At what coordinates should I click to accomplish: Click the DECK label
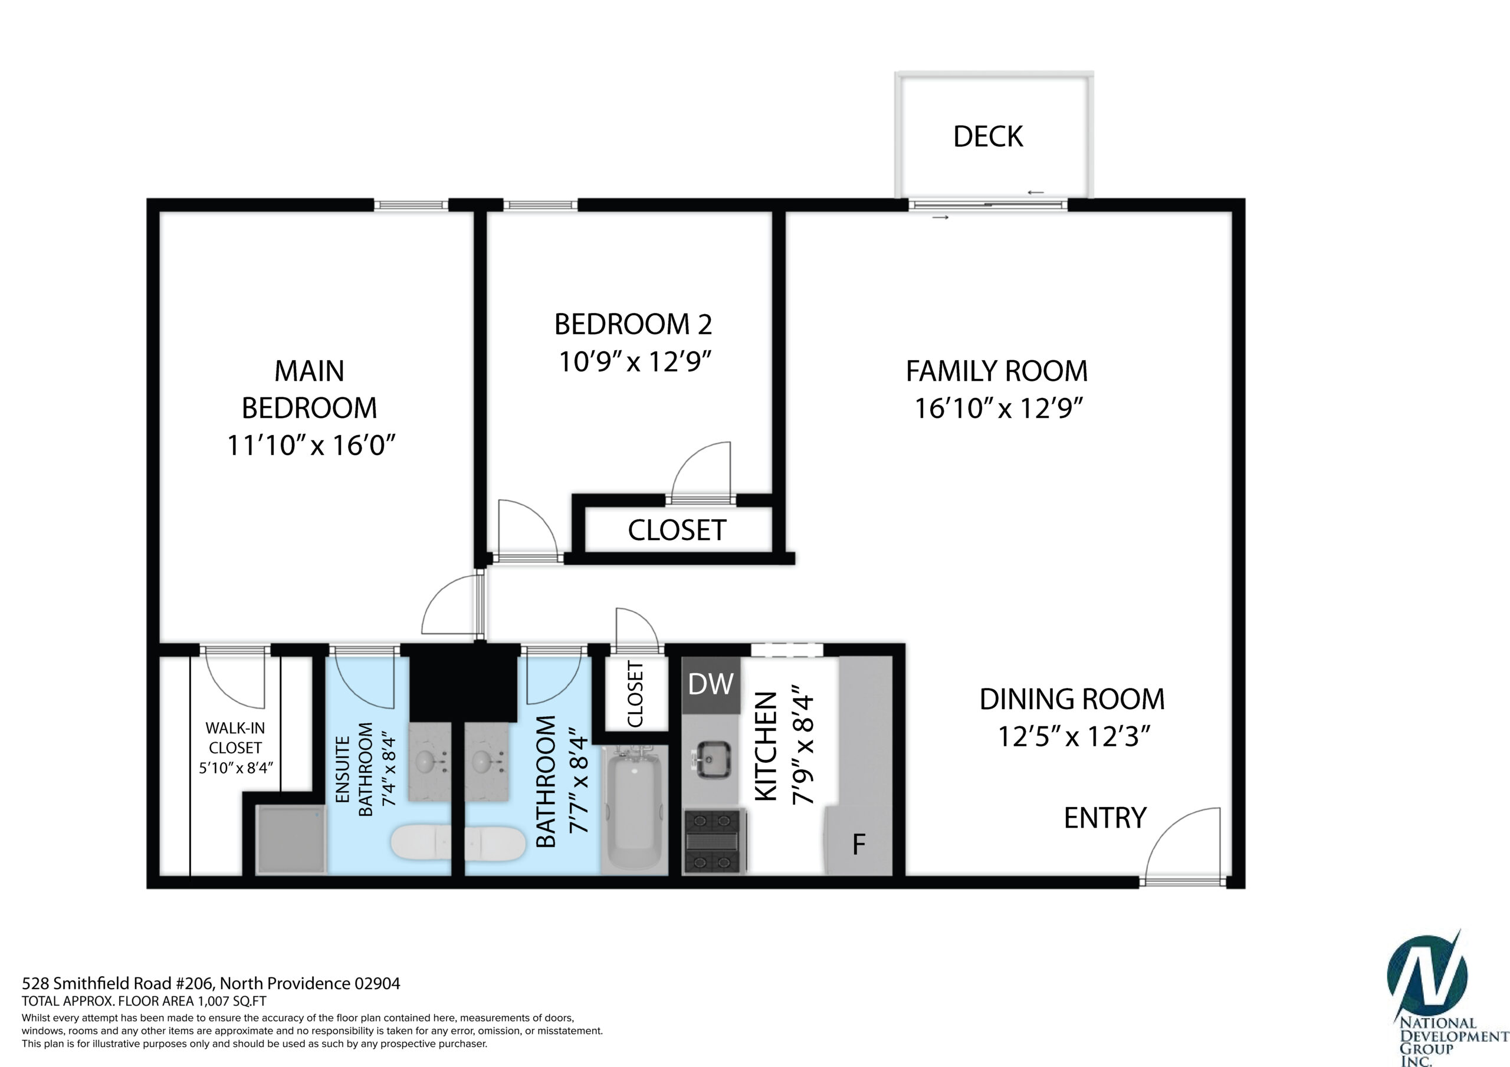click(988, 136)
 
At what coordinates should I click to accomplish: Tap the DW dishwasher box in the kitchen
click(711, 684)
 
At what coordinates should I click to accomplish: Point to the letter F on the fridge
click(858, 844)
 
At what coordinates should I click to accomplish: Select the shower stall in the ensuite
click(291, 841)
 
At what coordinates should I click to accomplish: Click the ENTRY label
click(1105, 818)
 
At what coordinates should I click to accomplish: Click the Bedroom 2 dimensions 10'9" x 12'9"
click(635, 361)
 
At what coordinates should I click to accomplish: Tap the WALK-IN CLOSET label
click(235, 737)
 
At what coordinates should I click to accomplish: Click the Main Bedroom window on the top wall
click(411, 205)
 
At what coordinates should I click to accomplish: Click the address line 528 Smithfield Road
click(211, 983)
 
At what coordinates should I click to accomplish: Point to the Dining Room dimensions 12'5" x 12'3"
click(1074, 736)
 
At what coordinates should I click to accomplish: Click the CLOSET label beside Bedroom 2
click(677, 530)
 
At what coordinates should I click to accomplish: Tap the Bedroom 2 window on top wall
click(541, 205)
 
